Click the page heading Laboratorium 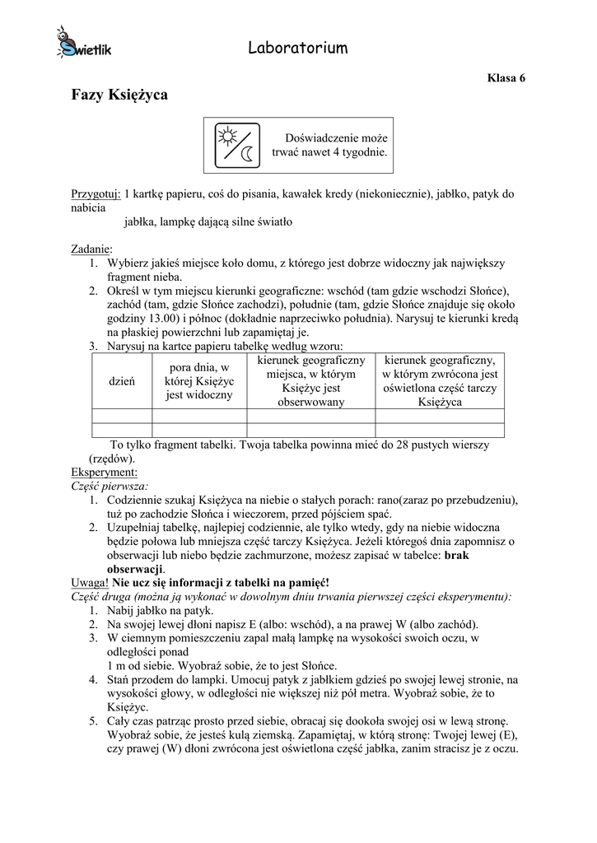click(297, 49)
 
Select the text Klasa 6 click(506, 78)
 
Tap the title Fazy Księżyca click(119, 95)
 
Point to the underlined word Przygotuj click(96, 194)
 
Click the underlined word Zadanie click(91, 249)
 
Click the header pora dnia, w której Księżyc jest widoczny click(199, 380)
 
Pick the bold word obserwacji click(135, 569)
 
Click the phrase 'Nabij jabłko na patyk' click(160, 611)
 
